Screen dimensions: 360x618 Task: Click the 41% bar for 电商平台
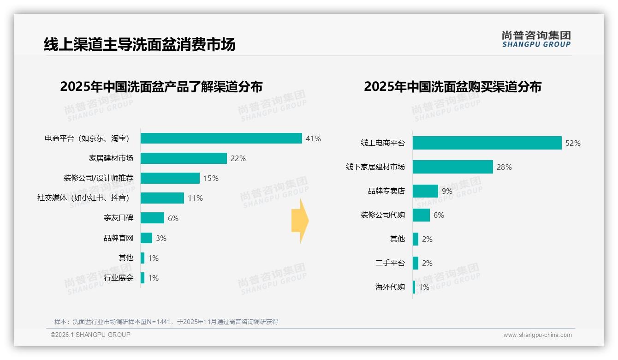(221, 138)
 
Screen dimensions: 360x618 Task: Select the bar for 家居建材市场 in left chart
(184, 158)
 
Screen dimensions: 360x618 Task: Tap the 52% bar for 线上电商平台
(487, 143)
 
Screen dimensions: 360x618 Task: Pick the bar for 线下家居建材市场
(452, 167)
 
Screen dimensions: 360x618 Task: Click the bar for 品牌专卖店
(425, 191)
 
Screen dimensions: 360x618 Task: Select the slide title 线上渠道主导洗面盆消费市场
(139, 44)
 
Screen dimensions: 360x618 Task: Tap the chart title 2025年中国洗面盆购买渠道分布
(452, 87)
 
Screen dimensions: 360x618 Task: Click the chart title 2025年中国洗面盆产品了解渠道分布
(161, 87)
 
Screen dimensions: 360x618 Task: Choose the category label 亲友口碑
(119, 218)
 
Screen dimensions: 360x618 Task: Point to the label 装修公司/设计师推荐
(98, 178)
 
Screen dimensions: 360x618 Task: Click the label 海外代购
(390, 287)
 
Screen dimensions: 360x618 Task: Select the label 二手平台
(390, 263)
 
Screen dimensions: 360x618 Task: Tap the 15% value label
(211, 178)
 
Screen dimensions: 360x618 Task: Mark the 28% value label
(504, 167)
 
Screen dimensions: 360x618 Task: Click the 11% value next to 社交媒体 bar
(195, 198)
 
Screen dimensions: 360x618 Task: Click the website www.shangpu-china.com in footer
(537, 335)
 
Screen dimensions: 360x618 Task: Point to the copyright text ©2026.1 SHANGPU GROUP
(90, 335)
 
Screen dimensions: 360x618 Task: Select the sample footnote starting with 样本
(166, 322)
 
